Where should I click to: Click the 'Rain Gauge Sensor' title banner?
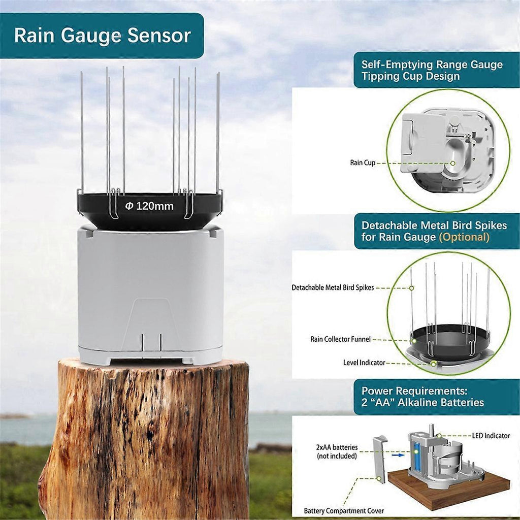[x=102, y=36]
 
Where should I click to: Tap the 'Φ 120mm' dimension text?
[x=149, y=206]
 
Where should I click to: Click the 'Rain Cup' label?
[x=363, y=163]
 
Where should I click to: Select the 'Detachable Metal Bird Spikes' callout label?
[x=333, y=287]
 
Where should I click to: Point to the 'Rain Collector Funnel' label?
[x=340, y=339]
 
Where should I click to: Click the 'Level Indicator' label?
[x=364, y=363]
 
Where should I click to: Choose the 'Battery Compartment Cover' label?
[x=344, y=510]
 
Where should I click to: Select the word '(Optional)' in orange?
[x=464, y=237]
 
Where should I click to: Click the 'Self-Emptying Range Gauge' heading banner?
[x=432, y=71]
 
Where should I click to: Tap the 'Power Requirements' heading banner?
[x=422, y=397]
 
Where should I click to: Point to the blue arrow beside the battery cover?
[x=398, y=454]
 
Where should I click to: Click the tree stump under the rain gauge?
[x=147, y=437]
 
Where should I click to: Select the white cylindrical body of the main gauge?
[x=150, y=289]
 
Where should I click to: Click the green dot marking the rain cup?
[x=453, y=163]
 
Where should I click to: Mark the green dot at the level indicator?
[x=433, y=363]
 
